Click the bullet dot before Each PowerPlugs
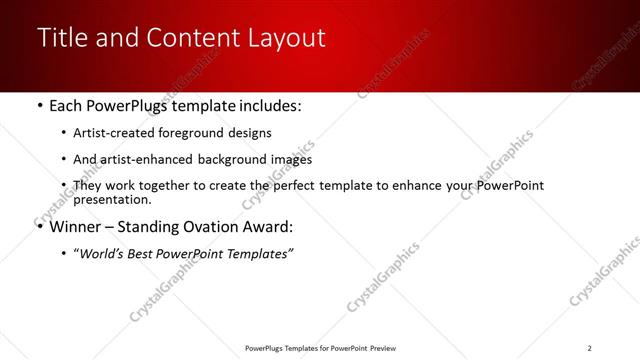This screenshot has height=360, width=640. click(39, 105)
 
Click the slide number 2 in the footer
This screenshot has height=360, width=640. click(589, 348)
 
